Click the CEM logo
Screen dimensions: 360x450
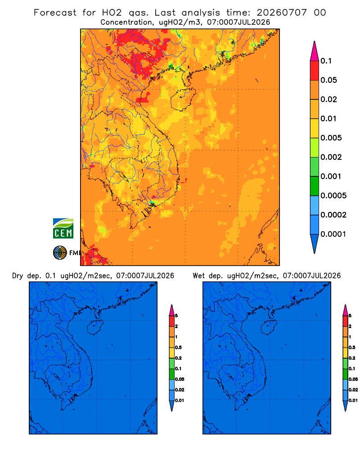63,229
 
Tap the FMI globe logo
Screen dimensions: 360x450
60,253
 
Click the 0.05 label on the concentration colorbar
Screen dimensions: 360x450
328,80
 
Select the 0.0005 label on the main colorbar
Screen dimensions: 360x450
333,196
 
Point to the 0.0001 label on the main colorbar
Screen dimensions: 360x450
333,234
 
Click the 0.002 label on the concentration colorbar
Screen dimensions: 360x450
331,157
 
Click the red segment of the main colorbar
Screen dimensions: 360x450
315,71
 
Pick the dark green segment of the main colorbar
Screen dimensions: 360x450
315,186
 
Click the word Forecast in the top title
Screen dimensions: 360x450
55,13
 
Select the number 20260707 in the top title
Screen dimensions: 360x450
282,13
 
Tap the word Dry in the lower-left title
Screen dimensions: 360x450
18,276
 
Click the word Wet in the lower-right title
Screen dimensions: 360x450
198,276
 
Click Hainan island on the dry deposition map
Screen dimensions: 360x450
95,328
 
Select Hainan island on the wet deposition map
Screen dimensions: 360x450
269,328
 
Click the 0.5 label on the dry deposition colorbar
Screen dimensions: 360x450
178,347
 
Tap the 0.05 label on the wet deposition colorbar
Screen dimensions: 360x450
353,379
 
